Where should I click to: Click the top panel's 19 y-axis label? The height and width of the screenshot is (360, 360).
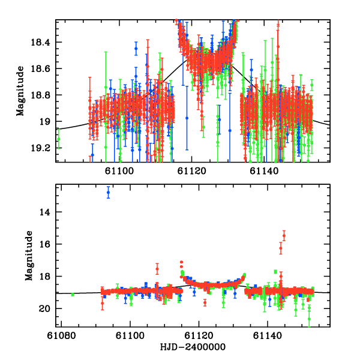pos(46,122)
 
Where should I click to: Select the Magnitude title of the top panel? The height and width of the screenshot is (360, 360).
pos(20,91)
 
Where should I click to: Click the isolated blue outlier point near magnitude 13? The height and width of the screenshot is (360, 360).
pos(108,193)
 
